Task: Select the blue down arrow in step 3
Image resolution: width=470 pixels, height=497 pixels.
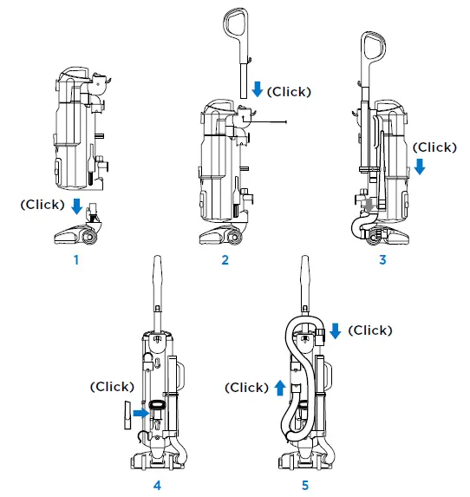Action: pos(419,166)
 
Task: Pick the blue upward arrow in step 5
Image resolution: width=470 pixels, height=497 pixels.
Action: pos(280,388)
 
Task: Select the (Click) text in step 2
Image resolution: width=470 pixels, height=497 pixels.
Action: pos(288,91)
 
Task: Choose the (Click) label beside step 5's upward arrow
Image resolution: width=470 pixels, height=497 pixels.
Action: pos(246,388)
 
